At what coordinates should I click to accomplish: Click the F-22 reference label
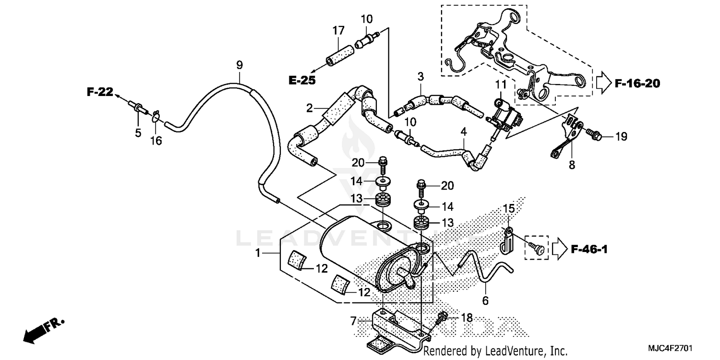coord(99,92)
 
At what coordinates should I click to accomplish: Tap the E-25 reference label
coord(302,80)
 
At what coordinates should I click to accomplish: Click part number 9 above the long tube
coord(239,65)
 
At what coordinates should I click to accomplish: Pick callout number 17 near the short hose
coord(338,31)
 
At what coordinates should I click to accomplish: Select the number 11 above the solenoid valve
coord(501,85)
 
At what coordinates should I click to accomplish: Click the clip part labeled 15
coord(506,239)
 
